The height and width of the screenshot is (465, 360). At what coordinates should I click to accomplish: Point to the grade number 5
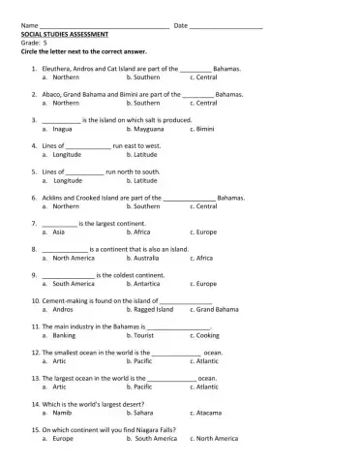[45, 40]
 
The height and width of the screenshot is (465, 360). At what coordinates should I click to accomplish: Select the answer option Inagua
[62, 128]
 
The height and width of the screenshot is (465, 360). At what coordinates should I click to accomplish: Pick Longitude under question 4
[67, 154]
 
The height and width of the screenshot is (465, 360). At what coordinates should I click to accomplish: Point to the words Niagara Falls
[170, 429]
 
